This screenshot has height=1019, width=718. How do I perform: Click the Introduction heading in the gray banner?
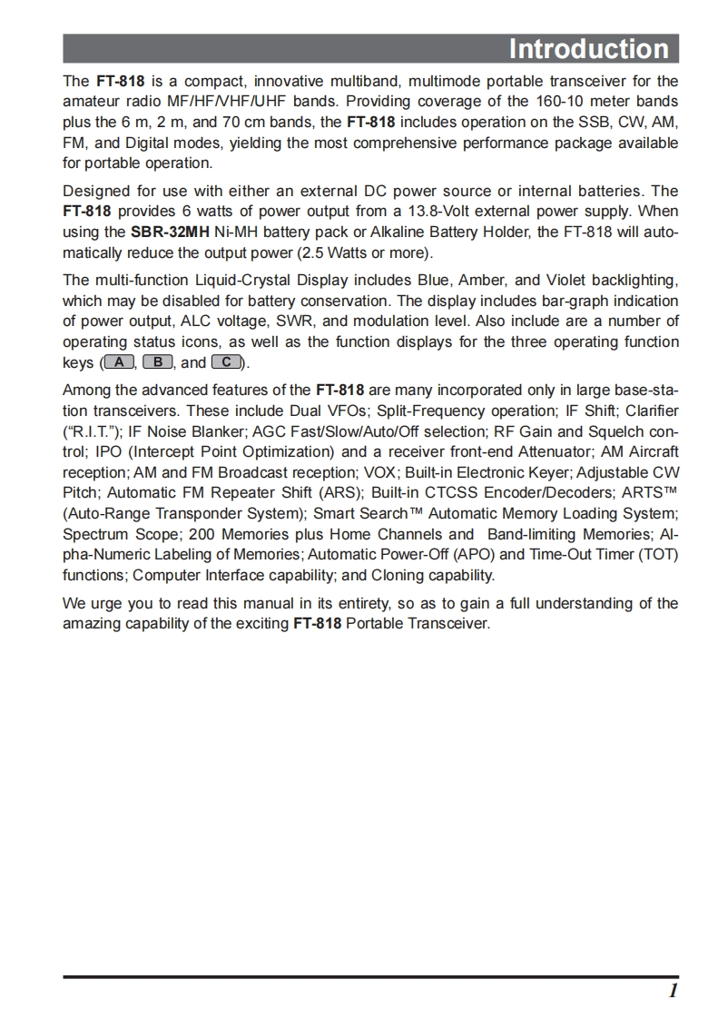pos(588,48)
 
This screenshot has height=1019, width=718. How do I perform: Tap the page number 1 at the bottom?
pos(673,991)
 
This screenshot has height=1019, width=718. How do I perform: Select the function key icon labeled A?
pos(120,362)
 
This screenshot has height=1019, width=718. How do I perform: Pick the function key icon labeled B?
pos(158,362)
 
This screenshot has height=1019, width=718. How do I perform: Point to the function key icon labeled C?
pos(226,362)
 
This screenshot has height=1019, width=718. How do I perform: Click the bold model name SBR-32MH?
pos(170,232)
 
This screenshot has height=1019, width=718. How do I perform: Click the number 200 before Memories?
pos(202,534)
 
